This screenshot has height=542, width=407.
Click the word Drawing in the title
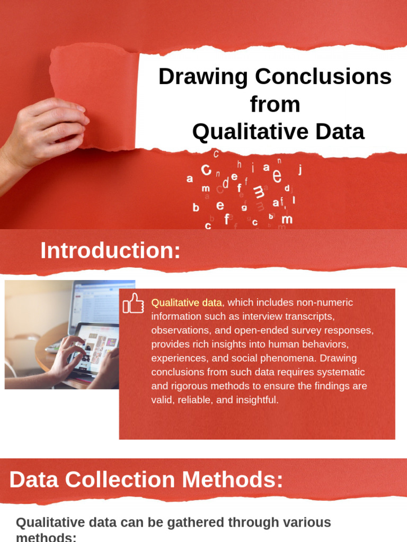click(203, 77)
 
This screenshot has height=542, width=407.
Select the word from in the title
click(275, 104)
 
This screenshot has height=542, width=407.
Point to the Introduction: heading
click(110, 250)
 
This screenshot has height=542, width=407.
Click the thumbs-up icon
click(133, 303)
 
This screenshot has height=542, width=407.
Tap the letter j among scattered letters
click(300, 169)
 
